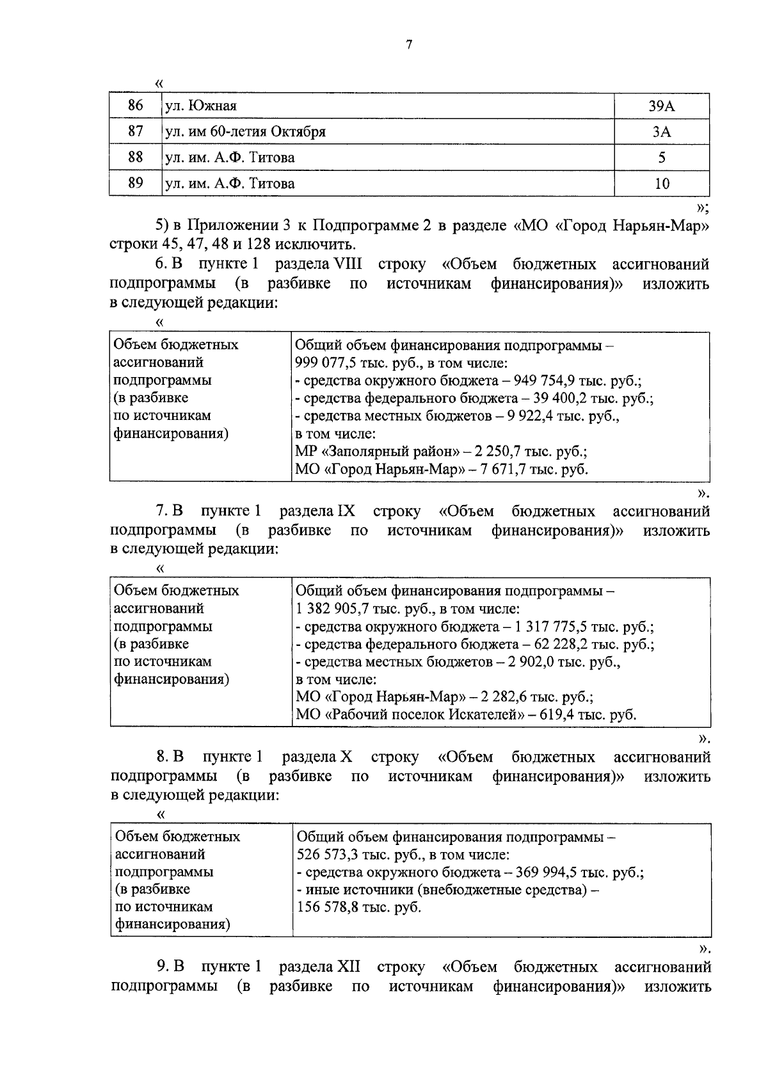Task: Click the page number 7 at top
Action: pos(409,44)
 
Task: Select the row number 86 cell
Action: pos(135,106)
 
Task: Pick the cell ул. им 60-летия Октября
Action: pos(246,132)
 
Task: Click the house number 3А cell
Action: pos(661,132)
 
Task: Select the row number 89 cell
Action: pos(135,183)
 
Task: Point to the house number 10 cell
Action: pos(662,184)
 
